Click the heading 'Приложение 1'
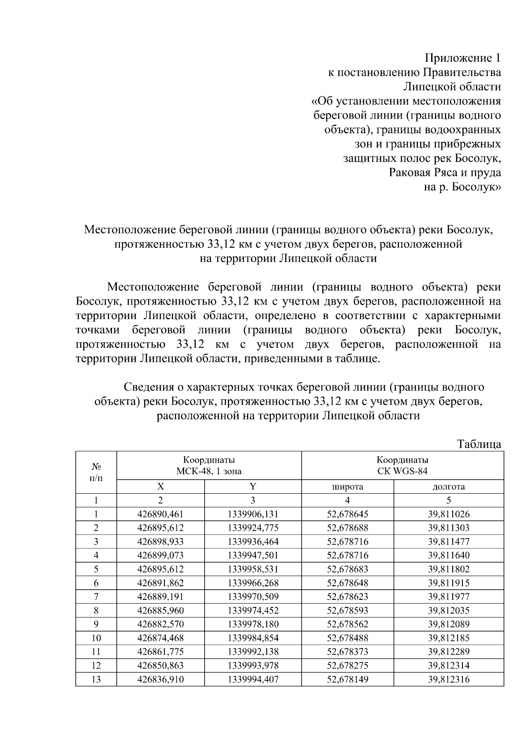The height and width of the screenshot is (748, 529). coord(462,58)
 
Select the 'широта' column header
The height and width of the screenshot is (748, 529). coord(347,487)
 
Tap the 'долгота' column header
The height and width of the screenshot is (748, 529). coord(448,487)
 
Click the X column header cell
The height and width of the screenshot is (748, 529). coord(160,487)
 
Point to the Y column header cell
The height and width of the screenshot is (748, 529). coord(253,487)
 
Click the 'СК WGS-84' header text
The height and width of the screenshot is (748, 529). coord(402,471)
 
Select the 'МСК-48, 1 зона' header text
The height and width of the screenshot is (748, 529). coord(209,471)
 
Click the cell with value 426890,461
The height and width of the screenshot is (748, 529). coord(160,514)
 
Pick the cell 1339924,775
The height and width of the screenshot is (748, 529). coord(253,528)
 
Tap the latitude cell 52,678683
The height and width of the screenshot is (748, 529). coord(347,569)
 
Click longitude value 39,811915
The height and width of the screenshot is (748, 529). coord(448,583)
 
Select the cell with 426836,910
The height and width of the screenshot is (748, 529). coord(160,679)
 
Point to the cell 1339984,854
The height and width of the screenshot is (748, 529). coord(253,638)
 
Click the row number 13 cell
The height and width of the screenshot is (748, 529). coord(96,679)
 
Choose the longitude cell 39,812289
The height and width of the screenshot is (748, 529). coord(448,651)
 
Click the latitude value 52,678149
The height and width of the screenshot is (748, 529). coord(347,679)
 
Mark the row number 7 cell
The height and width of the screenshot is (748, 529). coord(96,597)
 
